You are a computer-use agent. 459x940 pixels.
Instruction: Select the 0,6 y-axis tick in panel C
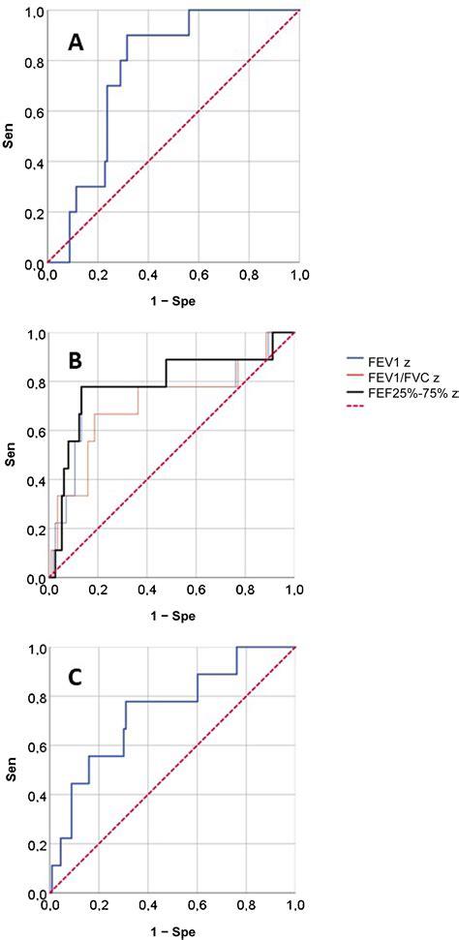click(33, 749)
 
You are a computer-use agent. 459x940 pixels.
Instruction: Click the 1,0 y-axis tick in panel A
click(33, 11)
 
